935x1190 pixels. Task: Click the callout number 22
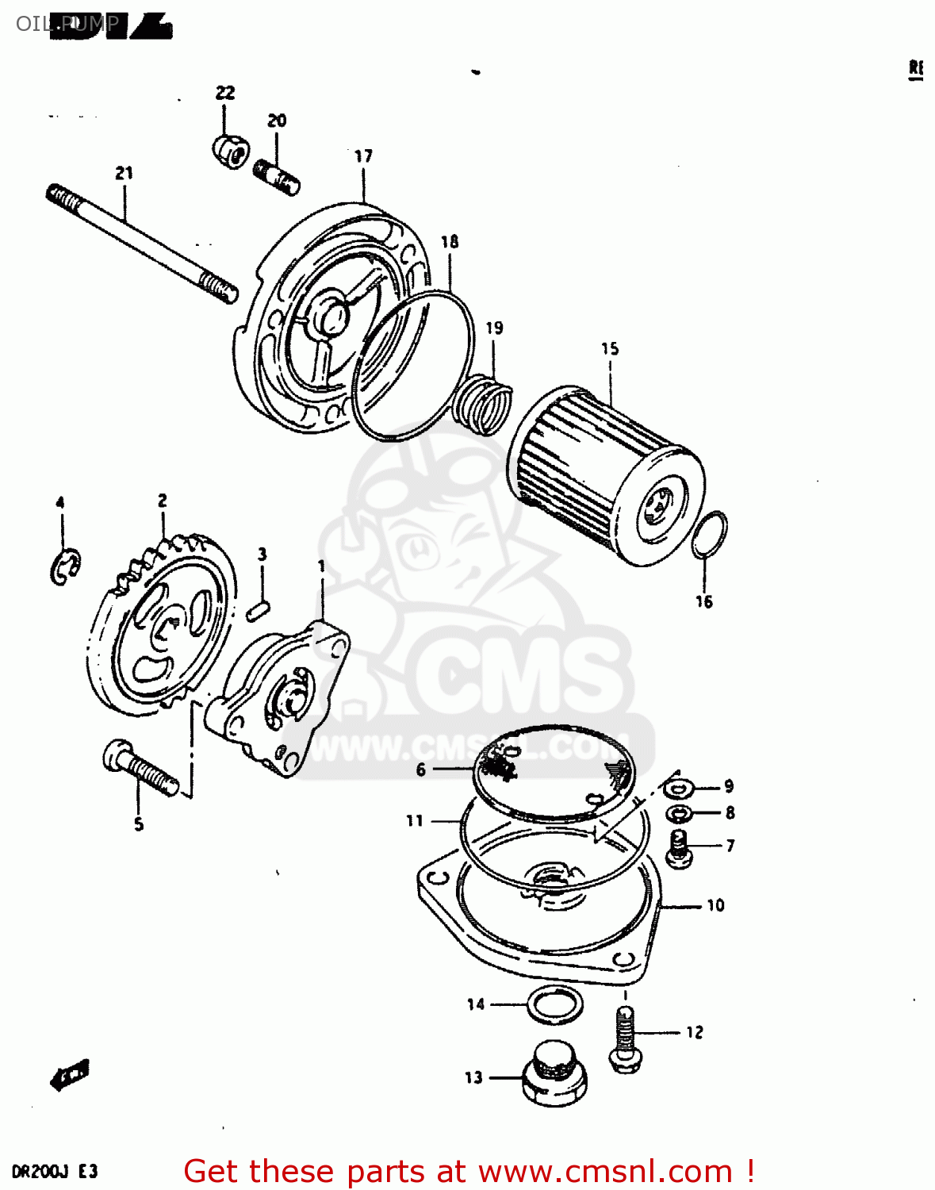click(225, 93)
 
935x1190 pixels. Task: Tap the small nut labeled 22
click(231, 150)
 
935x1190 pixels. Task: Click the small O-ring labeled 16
click(709, 535)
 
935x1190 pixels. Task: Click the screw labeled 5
click(140, 767)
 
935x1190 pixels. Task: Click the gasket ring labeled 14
click(555, 1005)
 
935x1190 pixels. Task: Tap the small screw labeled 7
click(678, 846)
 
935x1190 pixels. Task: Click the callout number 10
click(715, 905)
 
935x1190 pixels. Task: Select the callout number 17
click(363, 156)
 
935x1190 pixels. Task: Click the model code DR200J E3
click(55, 1172)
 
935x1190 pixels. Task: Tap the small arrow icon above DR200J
click(70, 1075)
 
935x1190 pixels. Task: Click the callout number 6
click(421, 770)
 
